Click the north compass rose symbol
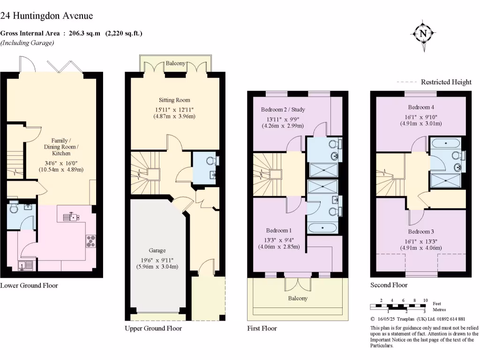tap(423, 33)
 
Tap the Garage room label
tap(157, 250)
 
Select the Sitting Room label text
tap(174, 100)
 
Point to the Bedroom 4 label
tap(420, 107)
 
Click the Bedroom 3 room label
tap(420, 232)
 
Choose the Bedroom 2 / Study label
tap(283, 110)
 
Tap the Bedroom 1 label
tap(279, 230)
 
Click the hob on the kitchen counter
tap(90, 240)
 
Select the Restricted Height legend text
tap(446, 82)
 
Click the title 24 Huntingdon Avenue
tap(46, 15)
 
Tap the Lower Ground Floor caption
tap(29, 285)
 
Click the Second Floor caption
tap(389, 285)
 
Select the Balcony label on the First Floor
tap(298, 298)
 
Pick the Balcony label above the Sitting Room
tap(176, 64)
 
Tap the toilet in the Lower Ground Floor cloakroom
tap(13, 207)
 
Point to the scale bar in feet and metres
tap(399, 307)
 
